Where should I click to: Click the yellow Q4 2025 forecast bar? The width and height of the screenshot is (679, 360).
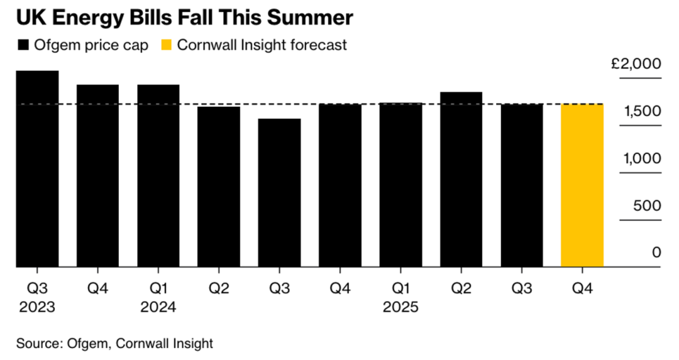pos(582,186)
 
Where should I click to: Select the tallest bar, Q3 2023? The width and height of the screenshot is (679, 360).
pos(37,170)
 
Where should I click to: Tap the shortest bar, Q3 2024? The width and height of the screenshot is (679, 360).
pos(279,194)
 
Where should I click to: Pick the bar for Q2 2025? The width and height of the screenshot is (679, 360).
pos(461,180)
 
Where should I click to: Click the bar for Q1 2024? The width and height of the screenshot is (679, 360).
pos(158,177)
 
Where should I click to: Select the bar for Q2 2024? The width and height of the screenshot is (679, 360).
pos(219,187)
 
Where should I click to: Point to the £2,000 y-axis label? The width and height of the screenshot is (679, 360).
pos(636,64)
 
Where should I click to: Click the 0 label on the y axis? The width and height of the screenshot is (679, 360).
pos(656,253)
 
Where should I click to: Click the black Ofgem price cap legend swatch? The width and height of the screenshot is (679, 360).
pos(24,45)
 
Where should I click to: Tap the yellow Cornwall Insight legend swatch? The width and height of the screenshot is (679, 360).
pos(168,45)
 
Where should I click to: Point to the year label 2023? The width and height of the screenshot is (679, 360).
pos(37,307)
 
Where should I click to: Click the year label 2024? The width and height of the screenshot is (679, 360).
pos(158,307)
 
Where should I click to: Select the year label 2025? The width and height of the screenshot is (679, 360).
pos(400,307)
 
